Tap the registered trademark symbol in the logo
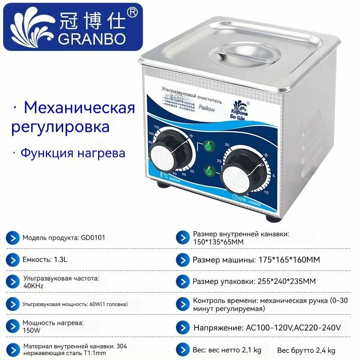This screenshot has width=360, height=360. point(132,13)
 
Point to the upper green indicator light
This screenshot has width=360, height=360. point(208,146)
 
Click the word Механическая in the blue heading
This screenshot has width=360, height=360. point(79,108)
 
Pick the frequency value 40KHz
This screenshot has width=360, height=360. point(34,284)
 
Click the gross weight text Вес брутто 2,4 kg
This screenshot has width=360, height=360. point(306,350)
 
